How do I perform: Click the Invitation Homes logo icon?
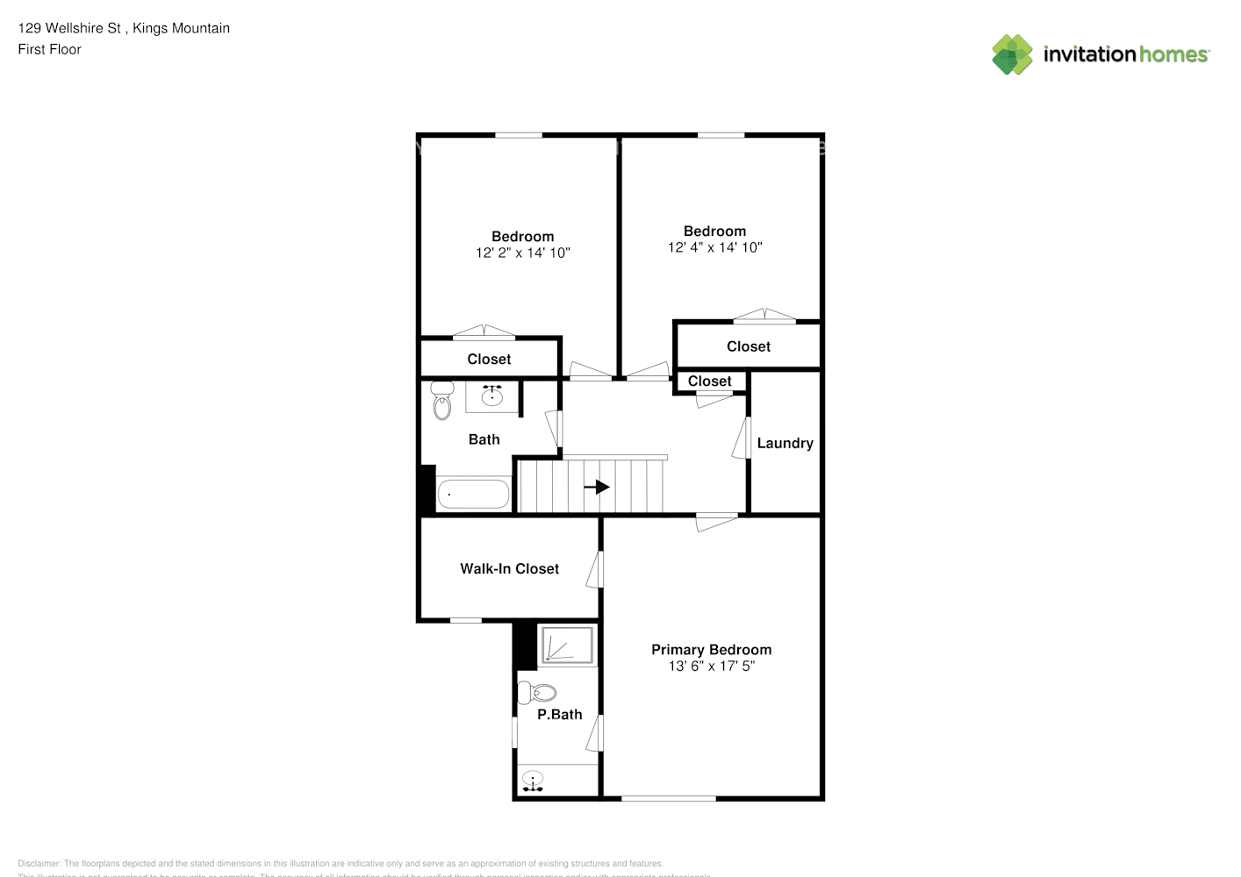pos(1012,54)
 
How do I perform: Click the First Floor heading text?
pos(49,49)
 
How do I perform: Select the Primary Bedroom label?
pos(711,650)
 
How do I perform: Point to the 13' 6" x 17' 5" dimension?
pos(711,667)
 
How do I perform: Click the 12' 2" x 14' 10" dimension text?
pos(522,253)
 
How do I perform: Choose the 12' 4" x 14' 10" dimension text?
pos(714,247)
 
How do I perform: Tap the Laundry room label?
pos(785,444)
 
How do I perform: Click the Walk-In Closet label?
pos(509,569)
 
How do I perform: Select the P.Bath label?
pos(559,715)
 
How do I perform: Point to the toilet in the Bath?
pos(441,401)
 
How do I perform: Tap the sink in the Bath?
pos(491,396)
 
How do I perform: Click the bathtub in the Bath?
pos(473,494)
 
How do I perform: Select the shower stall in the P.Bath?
pos(566,645)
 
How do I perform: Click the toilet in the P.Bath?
pos(536,693)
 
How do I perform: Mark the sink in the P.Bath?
pos(533,781)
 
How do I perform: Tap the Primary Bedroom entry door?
pos(716,522)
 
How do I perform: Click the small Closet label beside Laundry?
pos(709,381)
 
